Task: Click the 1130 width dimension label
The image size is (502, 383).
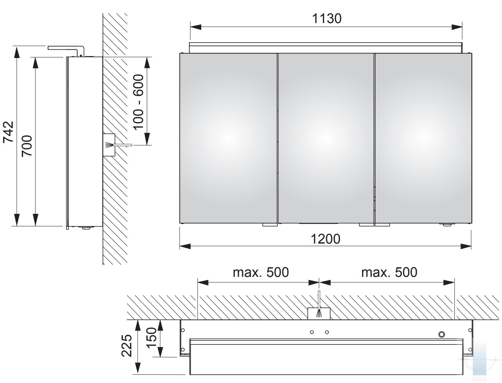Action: (x=327, y=18)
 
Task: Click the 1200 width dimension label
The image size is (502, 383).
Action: (x=325, y=239)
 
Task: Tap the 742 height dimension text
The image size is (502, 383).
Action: (x=9, y=132)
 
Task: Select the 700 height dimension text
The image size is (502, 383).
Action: (x=27, y=146)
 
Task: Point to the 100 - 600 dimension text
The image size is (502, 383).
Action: (x=139, y=103)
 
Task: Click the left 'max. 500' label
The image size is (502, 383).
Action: (x=261, y=272)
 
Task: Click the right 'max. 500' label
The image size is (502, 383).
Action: (x=389, y=272)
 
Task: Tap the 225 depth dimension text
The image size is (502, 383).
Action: (x=126, y=346)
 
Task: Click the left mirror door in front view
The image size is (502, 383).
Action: (x=228, y=138)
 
